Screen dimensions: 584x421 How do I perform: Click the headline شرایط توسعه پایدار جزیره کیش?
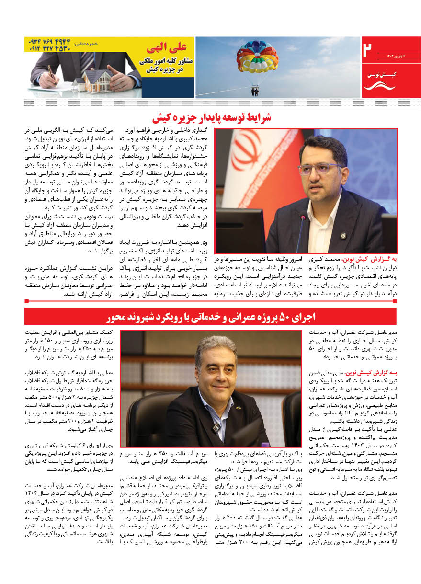coord(211,118)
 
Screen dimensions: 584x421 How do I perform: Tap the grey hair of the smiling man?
coord(216,345)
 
